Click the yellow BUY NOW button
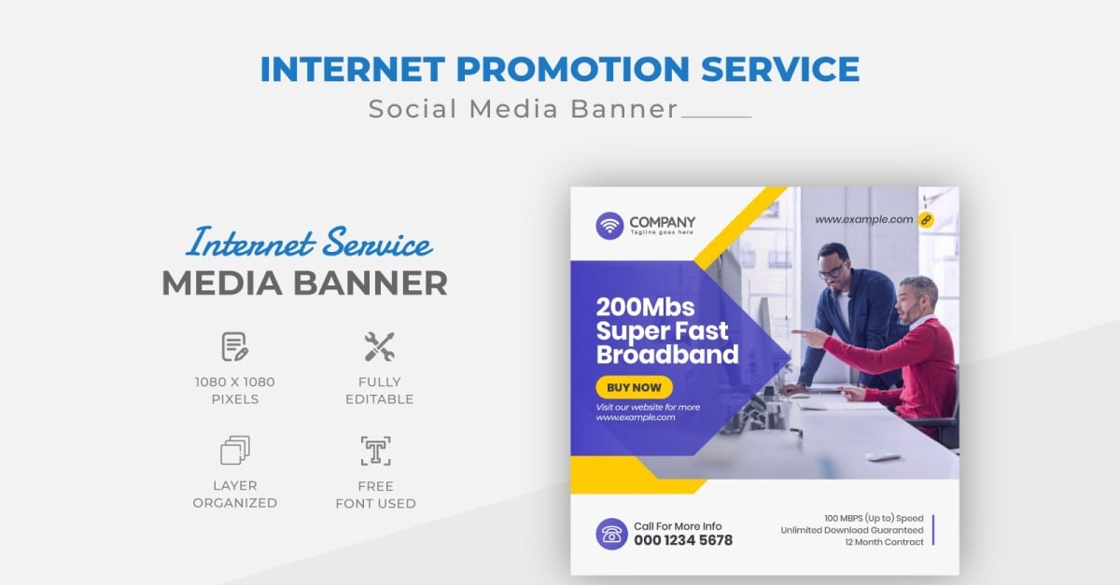(x=634, y=387)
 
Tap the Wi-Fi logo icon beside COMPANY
(x=610, y=226)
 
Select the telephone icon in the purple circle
(x=611, y=534)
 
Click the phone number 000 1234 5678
(x=683, y=540)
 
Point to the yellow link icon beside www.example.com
(x=926, y=220)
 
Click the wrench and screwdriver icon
(x=379, y=347)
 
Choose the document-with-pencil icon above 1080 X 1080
(x=235, y=347)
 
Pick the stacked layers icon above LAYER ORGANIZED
(x=235, y=451)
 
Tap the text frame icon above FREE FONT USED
(x=375, y=451)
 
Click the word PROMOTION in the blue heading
(x=560, y=70)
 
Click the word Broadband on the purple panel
(x=666, y=355)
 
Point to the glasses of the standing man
(x=831, y=272)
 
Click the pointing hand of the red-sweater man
(x=811, y=336)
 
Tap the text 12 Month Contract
(x=884, y=542)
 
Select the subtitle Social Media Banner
(x=524, y=109)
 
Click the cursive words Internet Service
(x=309, y=244)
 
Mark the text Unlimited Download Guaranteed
(x=852, y=530)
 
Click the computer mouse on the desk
(x=882, y=456)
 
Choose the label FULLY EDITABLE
(x=379, y=390)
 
